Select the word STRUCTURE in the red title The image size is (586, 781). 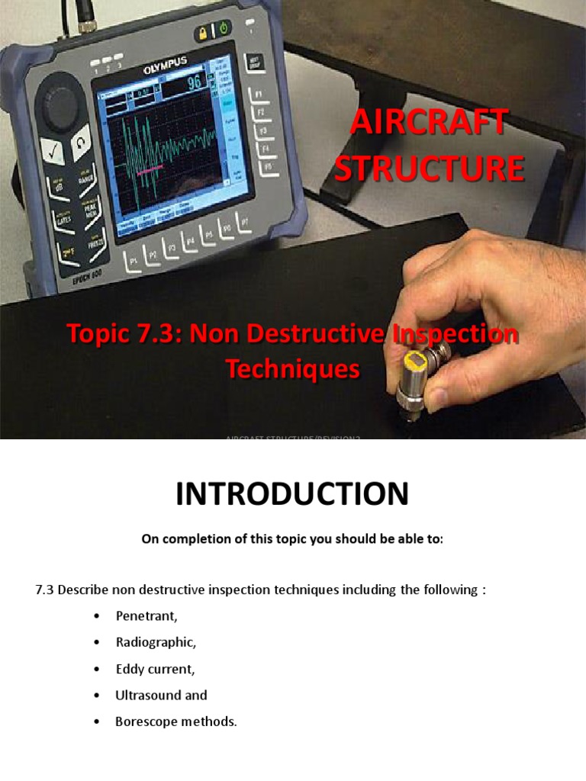coord(430,169)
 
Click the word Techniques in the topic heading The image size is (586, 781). coord(292,369)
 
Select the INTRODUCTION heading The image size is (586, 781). coord(292,495)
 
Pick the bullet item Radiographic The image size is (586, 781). coord(156,642)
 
